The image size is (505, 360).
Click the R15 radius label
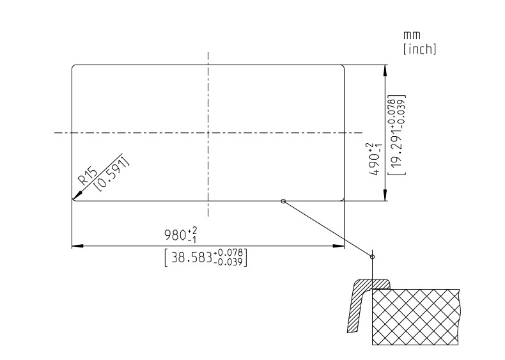(88, 176)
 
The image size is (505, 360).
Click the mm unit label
(412, 35)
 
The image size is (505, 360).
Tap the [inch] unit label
(419, 49)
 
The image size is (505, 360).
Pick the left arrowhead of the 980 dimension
(77, 246)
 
